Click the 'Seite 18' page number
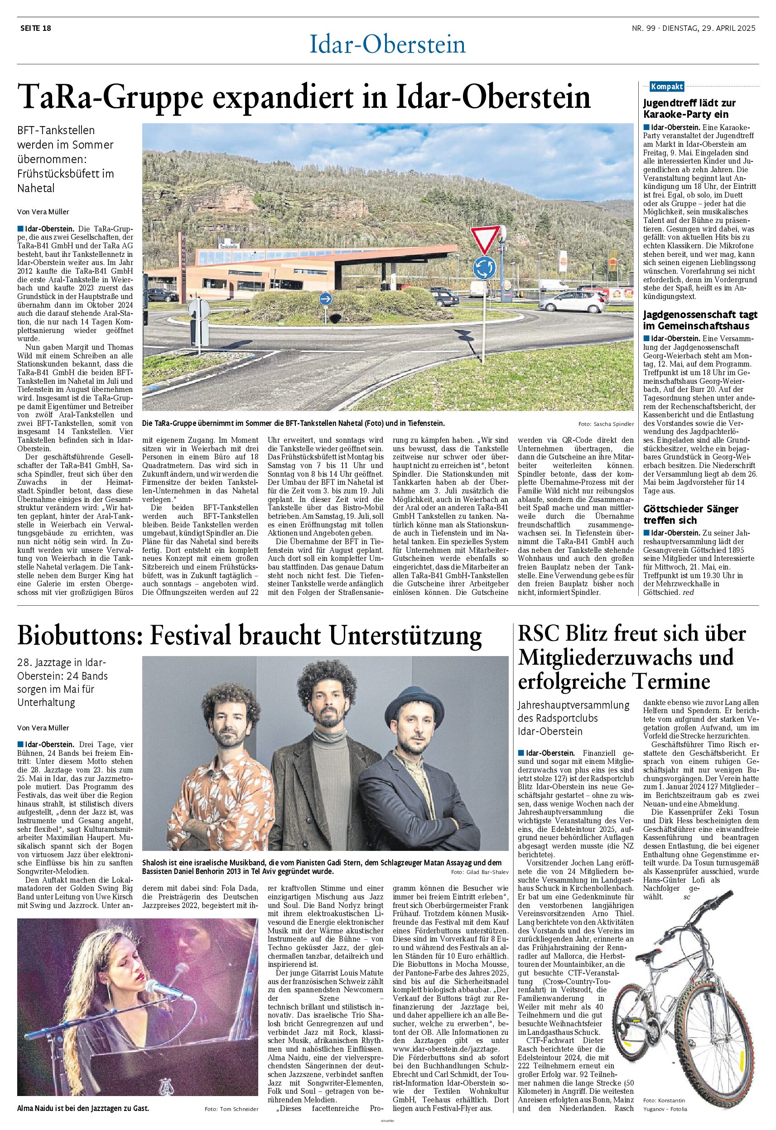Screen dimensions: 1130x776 [35, 28]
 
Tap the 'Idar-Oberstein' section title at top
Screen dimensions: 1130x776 [387, 45]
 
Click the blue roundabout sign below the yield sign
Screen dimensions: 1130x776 [485, 267]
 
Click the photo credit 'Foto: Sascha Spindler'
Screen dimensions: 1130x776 [606, 424]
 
